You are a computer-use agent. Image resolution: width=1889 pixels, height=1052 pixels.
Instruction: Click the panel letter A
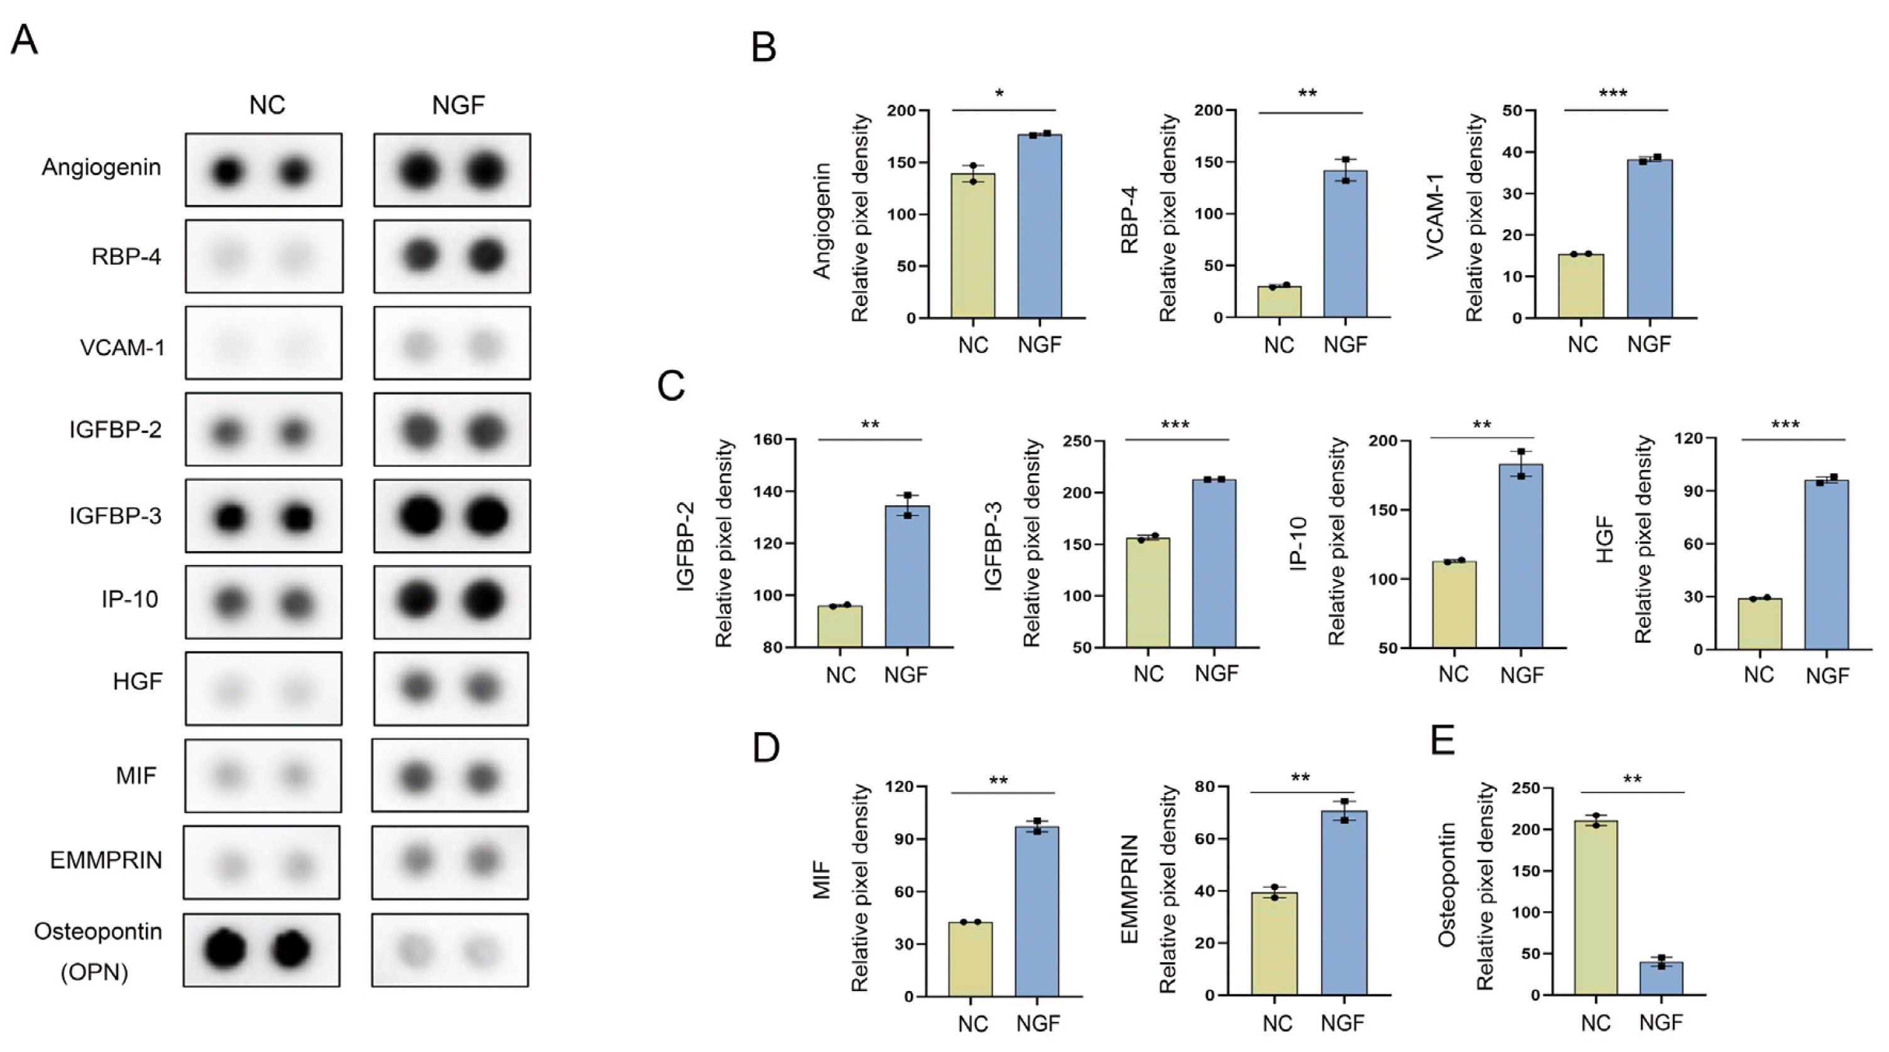24,40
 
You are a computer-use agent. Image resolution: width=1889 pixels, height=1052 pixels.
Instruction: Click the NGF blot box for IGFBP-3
452,516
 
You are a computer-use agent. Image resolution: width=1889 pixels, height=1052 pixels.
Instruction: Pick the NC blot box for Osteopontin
262,950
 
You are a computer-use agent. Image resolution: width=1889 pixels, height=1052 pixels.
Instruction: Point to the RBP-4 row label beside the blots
126,257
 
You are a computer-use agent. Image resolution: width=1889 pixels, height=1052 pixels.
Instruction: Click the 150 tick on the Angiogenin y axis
901,162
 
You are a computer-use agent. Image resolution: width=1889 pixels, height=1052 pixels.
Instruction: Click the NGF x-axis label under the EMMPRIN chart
1342,1022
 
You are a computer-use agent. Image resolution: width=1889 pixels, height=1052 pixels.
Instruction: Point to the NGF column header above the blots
459,106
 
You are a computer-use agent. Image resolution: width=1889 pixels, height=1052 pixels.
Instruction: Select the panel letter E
1442,742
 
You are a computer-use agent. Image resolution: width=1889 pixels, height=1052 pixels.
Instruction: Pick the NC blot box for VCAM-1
263,342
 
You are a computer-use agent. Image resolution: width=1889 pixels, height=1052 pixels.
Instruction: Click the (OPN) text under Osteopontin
94,973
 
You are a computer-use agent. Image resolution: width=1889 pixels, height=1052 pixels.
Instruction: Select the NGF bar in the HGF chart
1827,565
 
